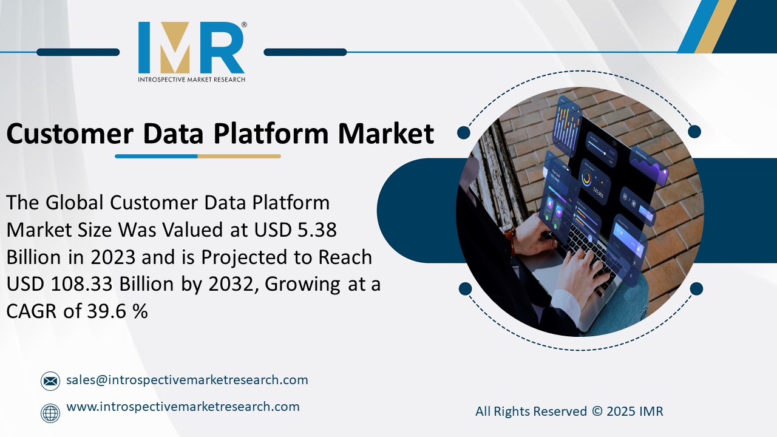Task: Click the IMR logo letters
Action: pos(191,48)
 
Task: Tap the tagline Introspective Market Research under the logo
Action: pos(191,79)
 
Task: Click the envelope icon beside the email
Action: pos(50,381)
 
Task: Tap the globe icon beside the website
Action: pos(50,413)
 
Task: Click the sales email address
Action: pos(187,380)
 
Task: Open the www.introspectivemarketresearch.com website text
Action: pos(183,407)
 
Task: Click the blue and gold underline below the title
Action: pos(198,156)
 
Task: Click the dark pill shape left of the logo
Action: pos(78,52)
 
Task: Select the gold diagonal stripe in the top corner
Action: pos(716,27)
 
